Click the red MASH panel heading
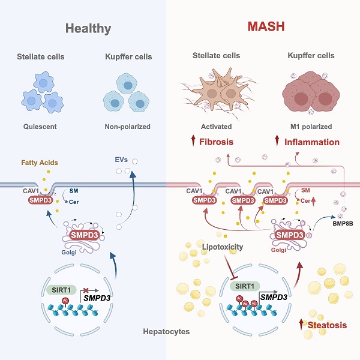click(266, 27)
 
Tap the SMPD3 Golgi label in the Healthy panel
click(85, 234)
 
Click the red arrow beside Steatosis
click(302, 324)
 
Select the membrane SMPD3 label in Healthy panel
click(40, 200)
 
